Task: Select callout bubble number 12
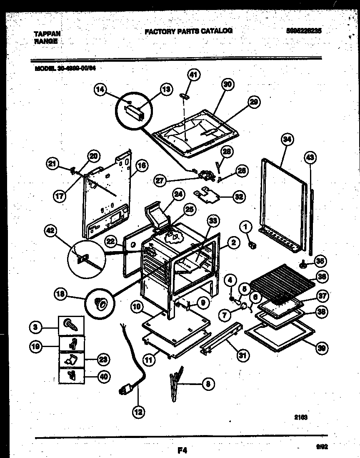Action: [x=138, y=412]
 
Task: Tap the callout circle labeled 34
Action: [x=286, y=140]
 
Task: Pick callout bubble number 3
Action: [x=36, y=328]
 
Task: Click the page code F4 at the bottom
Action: [x=182, y=450]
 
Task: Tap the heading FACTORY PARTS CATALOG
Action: [x=188, y=31]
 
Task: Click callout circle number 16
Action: [x=142, y=166]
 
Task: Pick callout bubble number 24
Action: [x=178, y=194]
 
